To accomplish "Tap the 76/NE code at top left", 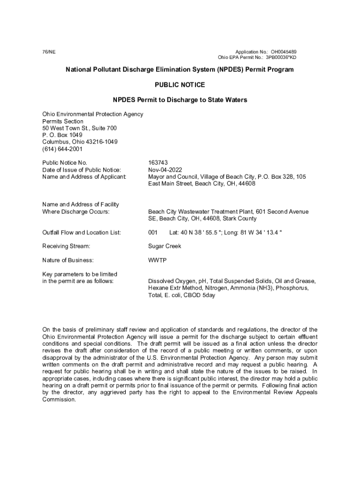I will point(48,52).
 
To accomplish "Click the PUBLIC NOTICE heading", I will point(180,85).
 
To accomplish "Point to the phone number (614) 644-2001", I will point(62,149).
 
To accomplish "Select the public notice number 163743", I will point(158,163).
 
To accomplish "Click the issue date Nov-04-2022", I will point(165,170).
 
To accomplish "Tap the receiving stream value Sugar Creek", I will point(165,246).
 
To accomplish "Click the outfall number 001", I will point(153,232).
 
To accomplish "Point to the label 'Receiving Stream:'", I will point(66,246).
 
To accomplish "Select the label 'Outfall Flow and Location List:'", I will point(82,232).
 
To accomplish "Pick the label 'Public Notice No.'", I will point(65,163).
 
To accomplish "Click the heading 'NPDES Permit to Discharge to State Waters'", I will point(180,100).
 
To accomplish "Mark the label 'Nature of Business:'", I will point(68,260).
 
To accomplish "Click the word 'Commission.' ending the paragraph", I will point(59,399).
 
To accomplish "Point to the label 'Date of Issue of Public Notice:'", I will point(81,170).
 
